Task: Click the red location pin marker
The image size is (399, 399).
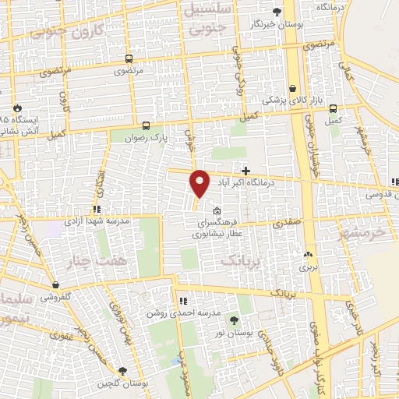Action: [200, 183]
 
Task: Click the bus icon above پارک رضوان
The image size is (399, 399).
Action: [146, 125]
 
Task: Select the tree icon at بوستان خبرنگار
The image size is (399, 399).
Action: [277, 11]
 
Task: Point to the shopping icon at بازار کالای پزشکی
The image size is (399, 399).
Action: [293, 89]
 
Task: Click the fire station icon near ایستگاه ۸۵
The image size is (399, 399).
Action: [17, 108]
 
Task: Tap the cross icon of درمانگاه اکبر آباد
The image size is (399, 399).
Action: [246, 170]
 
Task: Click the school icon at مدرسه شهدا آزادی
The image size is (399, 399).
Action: [97, 209]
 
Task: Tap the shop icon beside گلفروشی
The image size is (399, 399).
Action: [55, 285]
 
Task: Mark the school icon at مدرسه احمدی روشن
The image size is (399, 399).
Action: [182, 301]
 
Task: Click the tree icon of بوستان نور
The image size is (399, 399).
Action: [235, 320]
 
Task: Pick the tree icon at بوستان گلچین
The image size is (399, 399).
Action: [122, 370]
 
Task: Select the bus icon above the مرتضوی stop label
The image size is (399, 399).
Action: [127, 58]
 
